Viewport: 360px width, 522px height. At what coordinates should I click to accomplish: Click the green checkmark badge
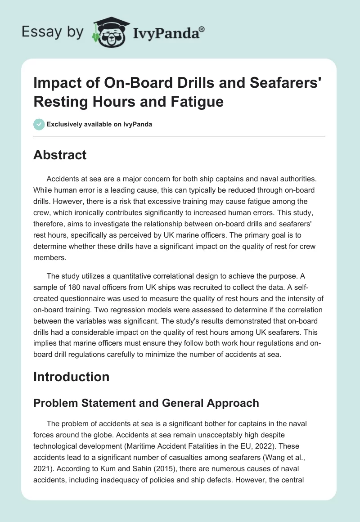click(x=39, y=124)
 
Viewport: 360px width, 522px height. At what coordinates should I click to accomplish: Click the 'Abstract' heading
click(x=59, y=155)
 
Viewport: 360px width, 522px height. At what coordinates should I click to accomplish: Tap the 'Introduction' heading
click(x=71, y=376)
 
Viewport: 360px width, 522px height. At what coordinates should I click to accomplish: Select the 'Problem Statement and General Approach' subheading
click(x=146, y=403)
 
